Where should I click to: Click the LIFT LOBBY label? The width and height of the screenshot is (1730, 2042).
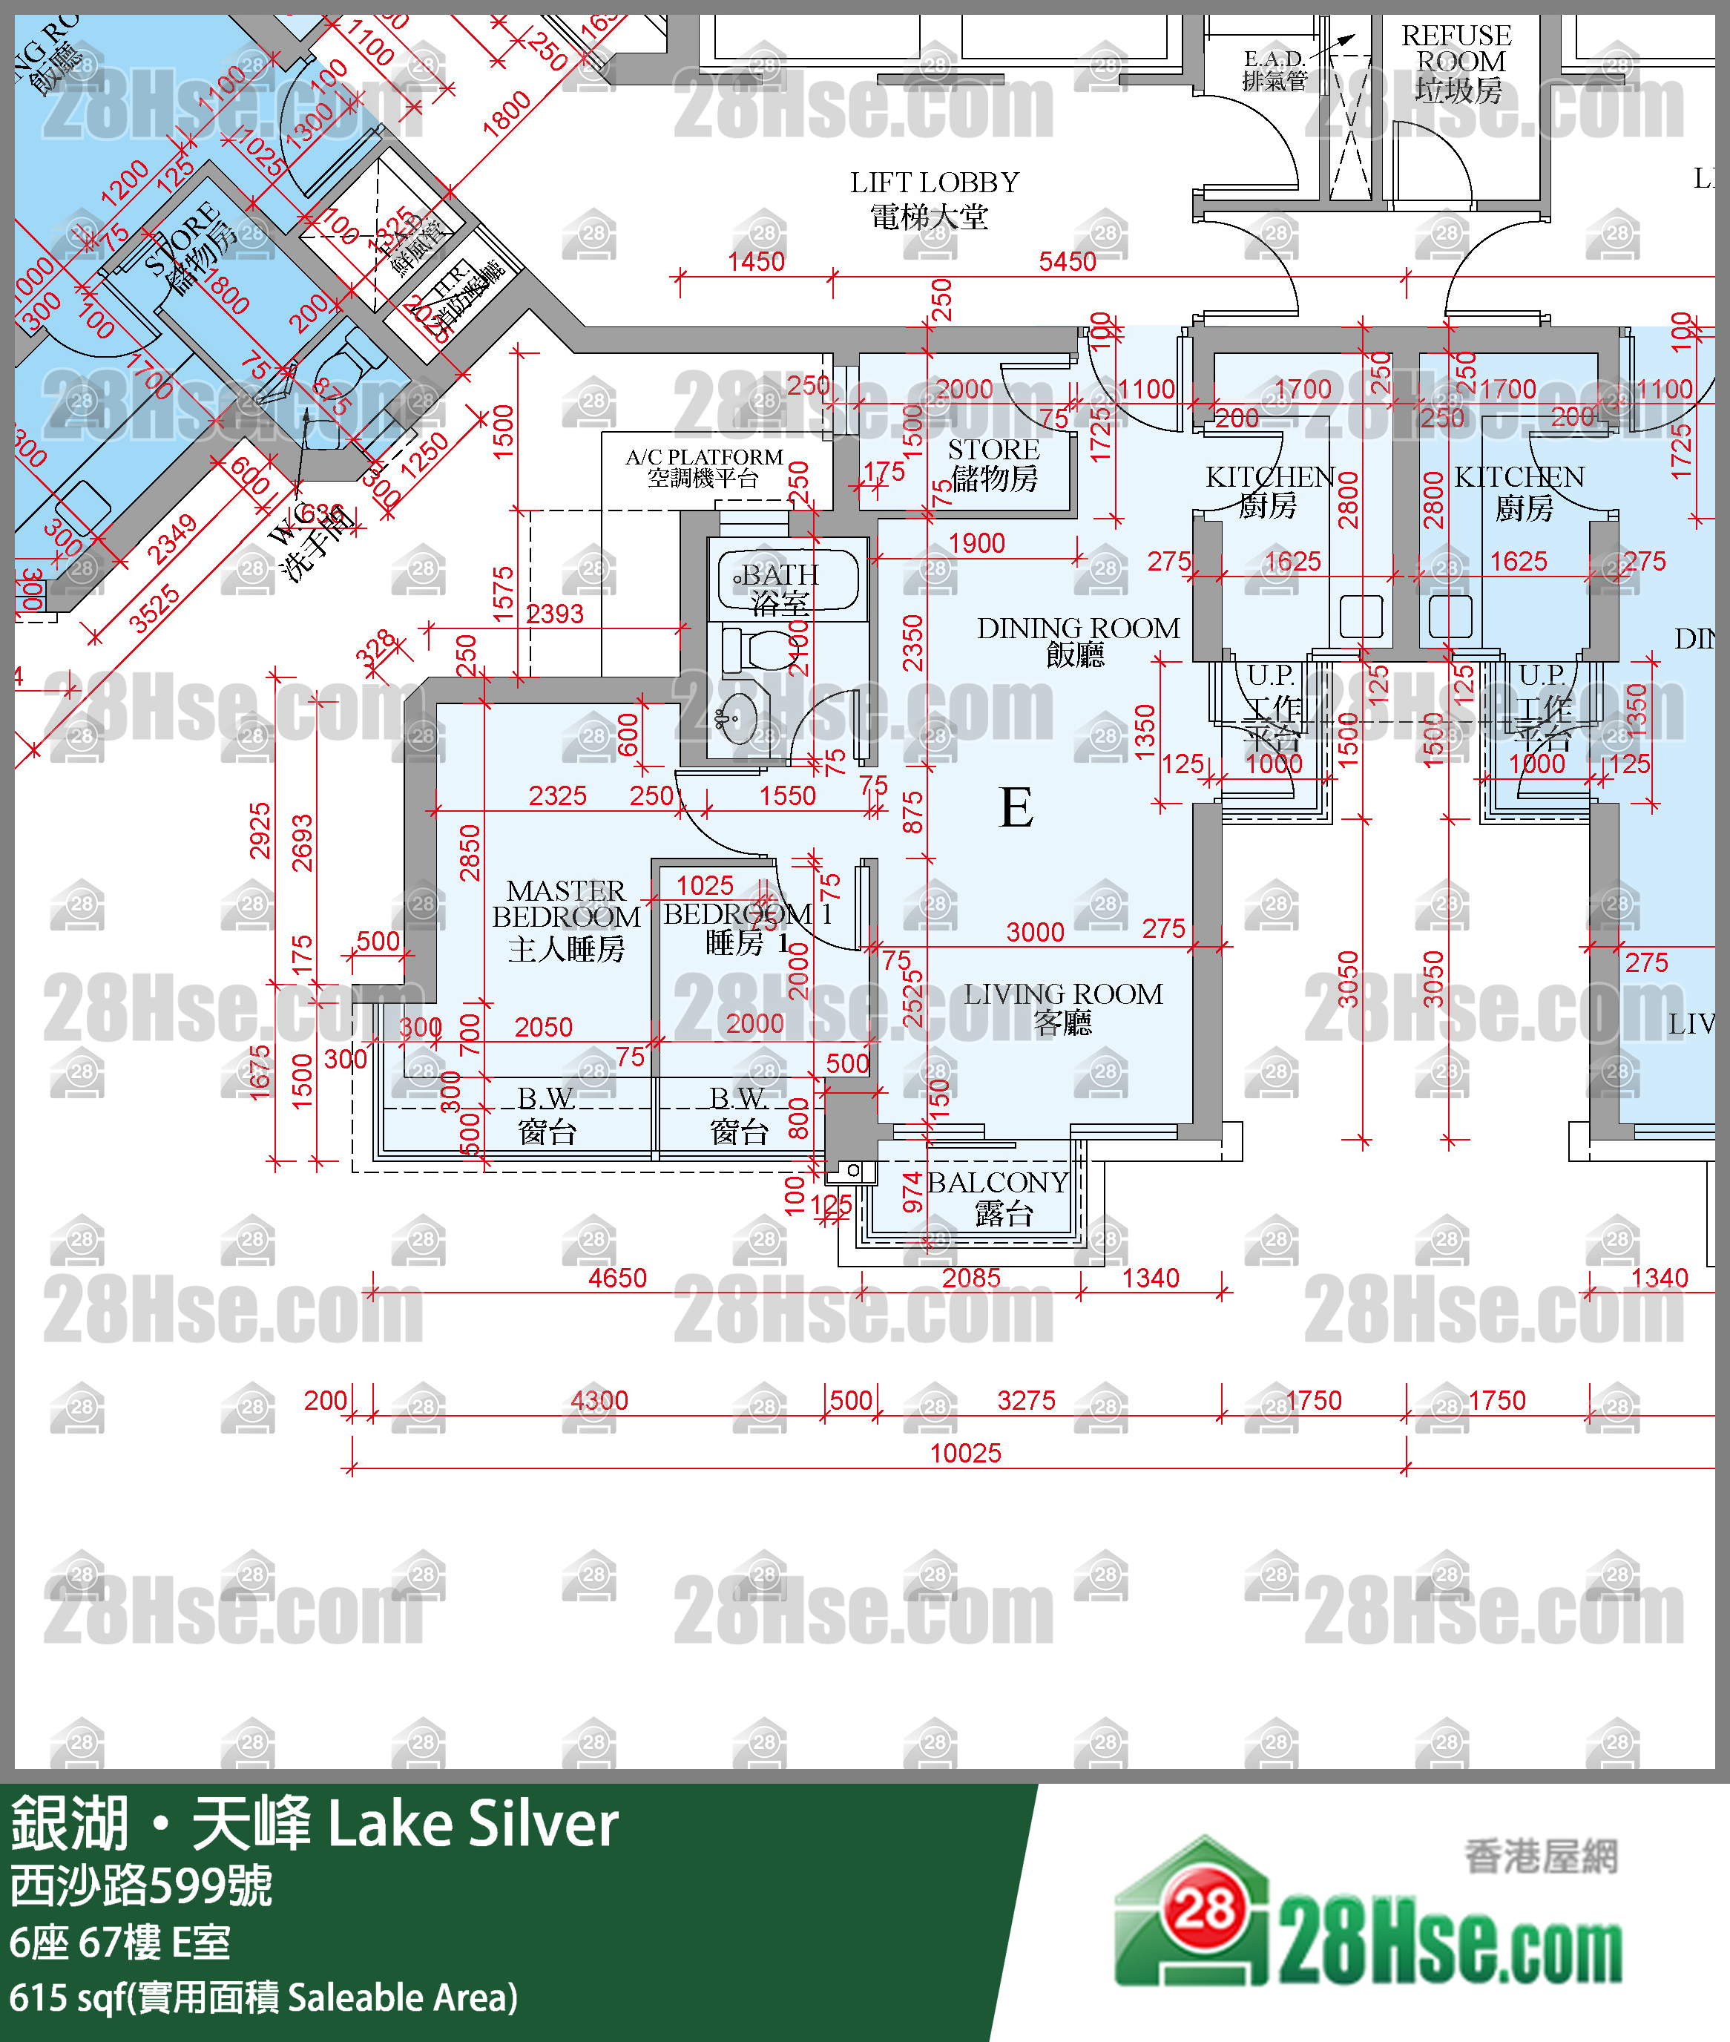[934, 198]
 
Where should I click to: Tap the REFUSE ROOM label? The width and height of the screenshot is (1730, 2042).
[1456, 62]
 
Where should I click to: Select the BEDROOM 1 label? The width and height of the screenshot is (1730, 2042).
[746, 927]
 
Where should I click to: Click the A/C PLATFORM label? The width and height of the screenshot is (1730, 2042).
[703, 467]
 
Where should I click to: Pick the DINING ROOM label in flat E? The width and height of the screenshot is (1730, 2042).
[1078, 640]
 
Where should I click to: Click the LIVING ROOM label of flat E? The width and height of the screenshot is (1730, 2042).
[1063, 1006]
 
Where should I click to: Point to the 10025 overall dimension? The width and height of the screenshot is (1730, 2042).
[965, 1453]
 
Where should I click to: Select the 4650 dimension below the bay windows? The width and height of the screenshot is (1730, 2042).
[617, 1277]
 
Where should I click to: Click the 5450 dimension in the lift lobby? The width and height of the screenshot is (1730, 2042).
[1067, 261]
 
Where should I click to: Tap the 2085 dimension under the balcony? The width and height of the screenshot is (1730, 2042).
[971, 1277]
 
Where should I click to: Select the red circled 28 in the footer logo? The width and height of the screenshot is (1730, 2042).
[1204, 1908]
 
